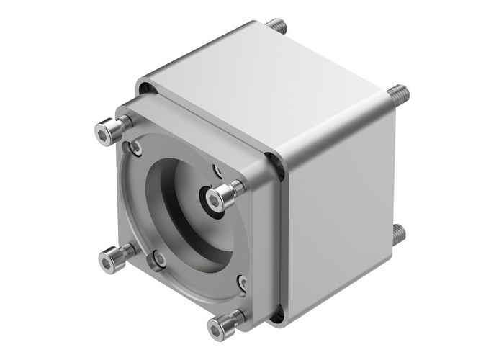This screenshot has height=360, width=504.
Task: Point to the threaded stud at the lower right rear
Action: pyautogui.click(x=397, y=233)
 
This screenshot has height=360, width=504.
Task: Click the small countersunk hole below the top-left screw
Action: pyautogui.click(x=135, y=148)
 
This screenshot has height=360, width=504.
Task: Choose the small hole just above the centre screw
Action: pyautogui.click(x=218, y=171)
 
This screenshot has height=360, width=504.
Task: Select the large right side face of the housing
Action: pyautogui.click(x=338, y=216)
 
